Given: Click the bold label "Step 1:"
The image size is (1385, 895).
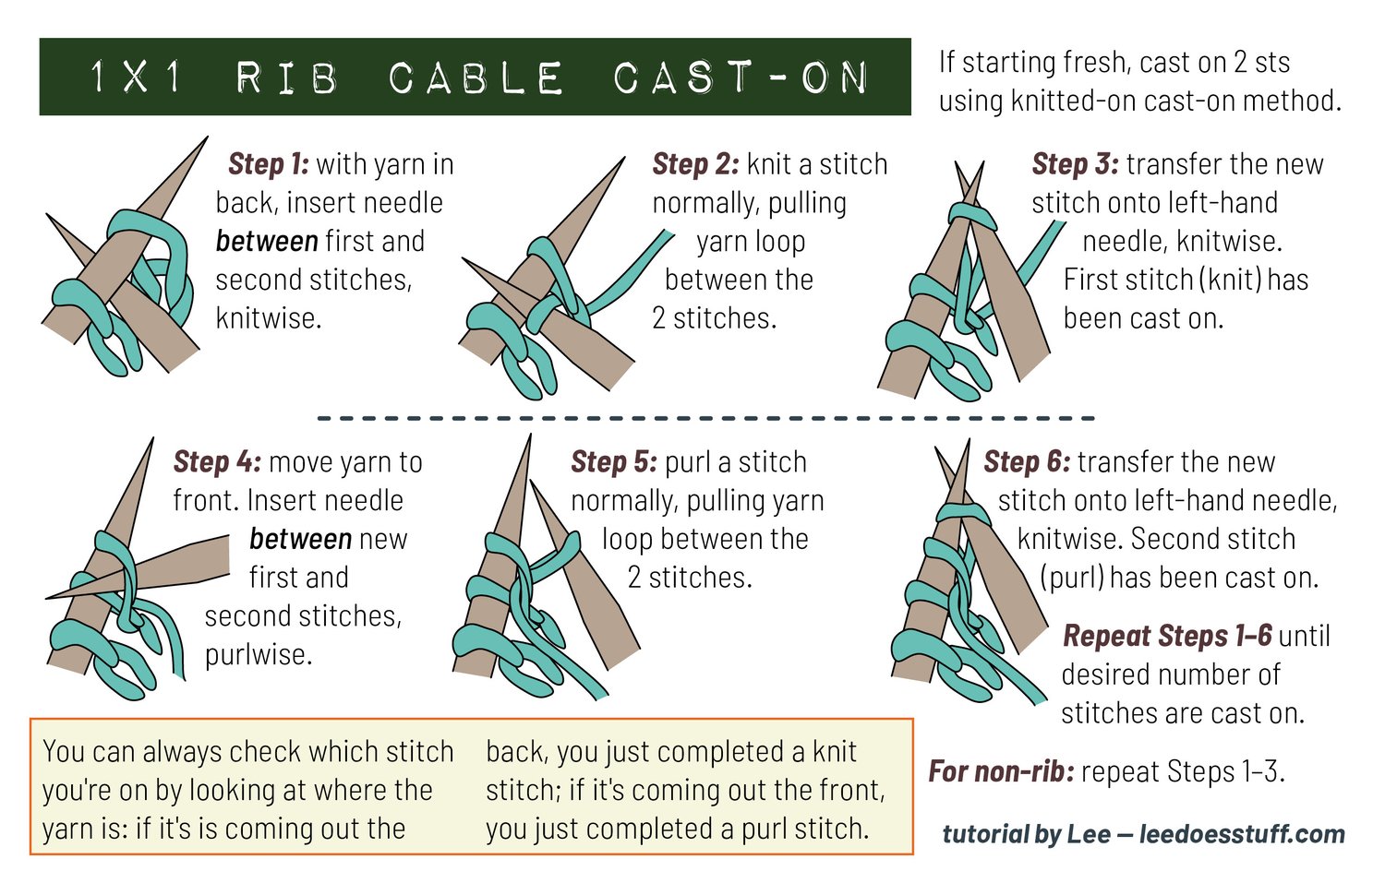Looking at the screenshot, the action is (269, 165).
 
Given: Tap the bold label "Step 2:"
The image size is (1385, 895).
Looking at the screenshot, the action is (695, 165).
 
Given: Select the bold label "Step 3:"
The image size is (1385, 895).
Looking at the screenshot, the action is (1076, 165).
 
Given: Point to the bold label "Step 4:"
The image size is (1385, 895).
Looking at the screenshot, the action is (217, 462).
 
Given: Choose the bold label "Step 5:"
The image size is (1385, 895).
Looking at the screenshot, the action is (614, 462).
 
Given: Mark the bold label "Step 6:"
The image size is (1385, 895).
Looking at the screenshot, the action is (1027, 462).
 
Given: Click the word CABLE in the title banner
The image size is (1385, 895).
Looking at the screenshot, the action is (476, 78).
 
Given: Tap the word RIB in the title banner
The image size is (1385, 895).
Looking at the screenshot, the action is (287, 78).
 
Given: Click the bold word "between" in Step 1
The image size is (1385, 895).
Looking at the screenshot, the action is (267, 242).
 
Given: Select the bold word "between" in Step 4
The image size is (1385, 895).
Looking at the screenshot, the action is (300, 540).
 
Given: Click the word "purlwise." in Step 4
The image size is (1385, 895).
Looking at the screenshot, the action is (259, 655).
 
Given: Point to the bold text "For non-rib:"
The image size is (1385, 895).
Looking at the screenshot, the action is (1001, 771).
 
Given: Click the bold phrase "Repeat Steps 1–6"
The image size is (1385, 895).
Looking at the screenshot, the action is (1167, 637).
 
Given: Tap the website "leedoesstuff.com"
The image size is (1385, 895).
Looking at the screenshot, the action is (1242, 834).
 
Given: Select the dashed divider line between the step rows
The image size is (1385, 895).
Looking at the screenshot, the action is (706, 418).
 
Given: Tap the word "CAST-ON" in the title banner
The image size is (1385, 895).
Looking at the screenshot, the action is (741, 78).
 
